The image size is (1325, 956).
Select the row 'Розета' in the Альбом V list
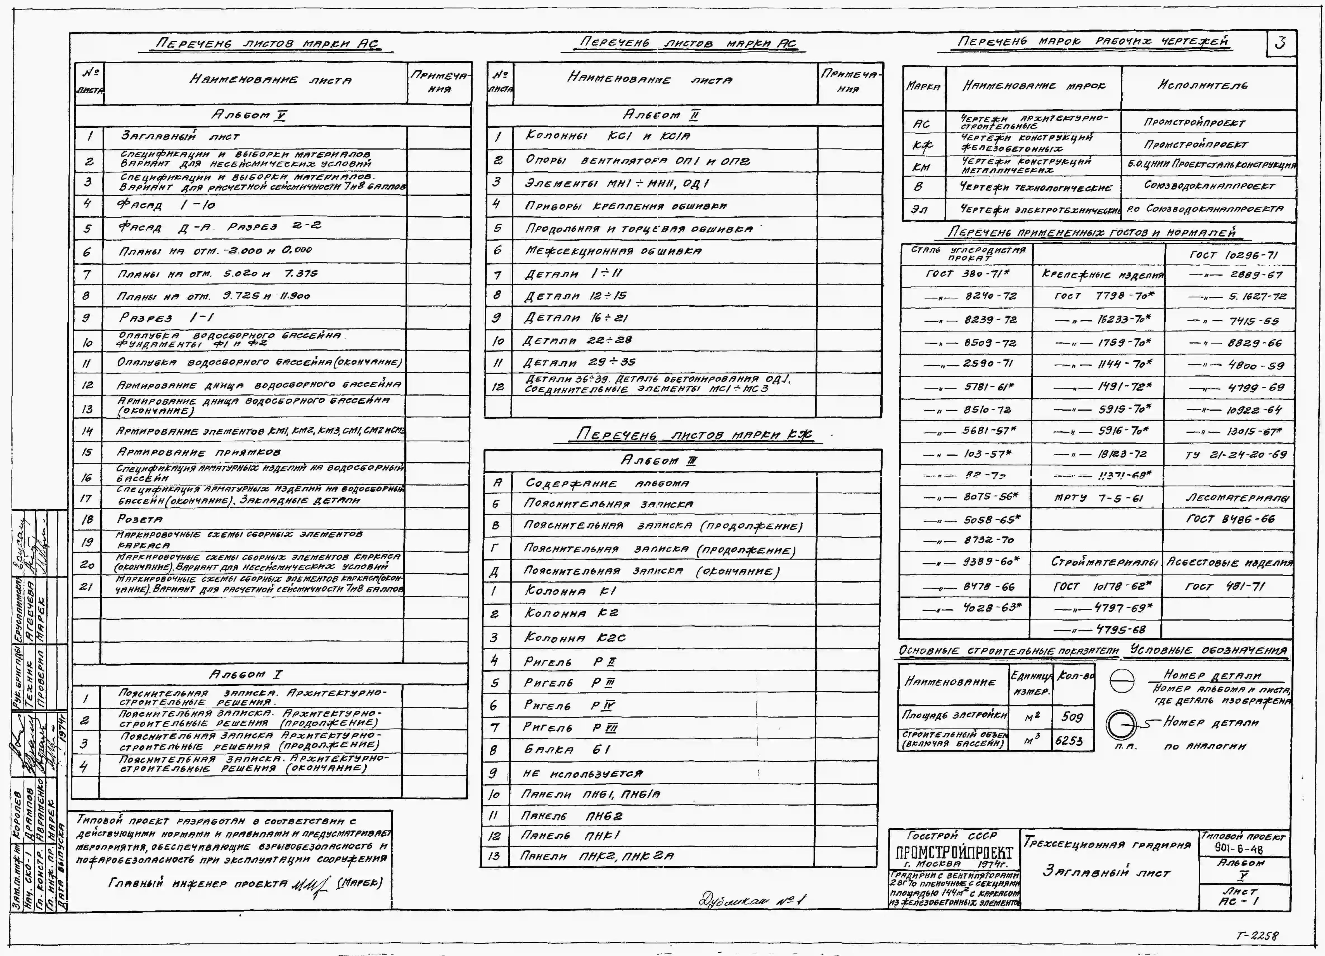click(140, 519)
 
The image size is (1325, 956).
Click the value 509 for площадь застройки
click(1072, 716)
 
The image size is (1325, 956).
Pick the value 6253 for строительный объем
click(1069, 741)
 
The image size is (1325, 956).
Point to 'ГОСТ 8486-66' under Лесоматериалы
click(1230, 519)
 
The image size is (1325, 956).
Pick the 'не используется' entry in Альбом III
click(582, 774)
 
